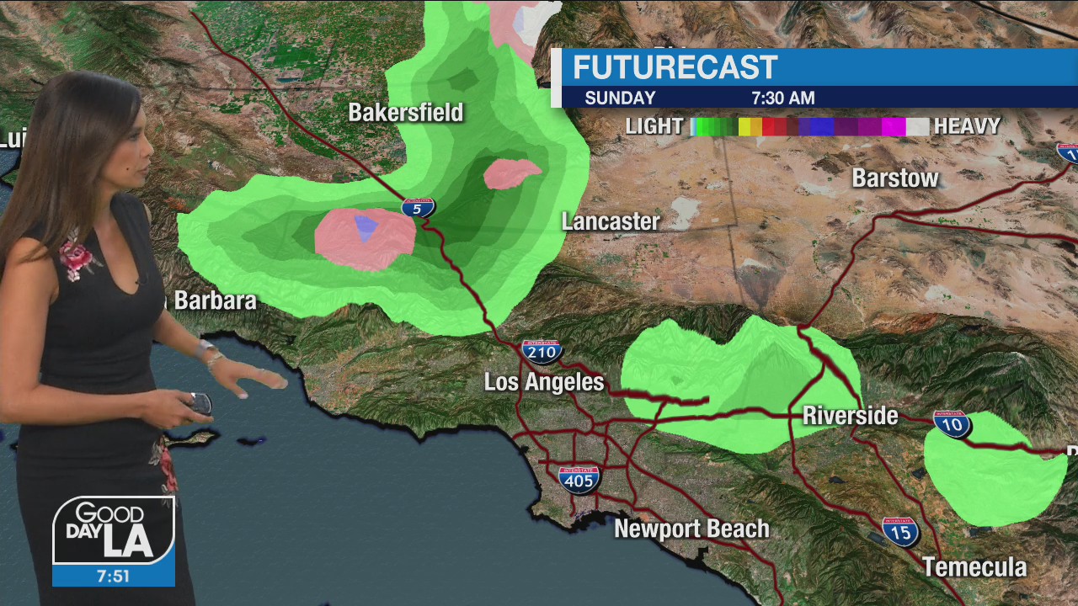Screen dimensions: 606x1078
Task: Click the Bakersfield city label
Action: pyautogui.click(x=406, y=112)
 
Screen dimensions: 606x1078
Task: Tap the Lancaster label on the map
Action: pyautogui.click(x=611, y=221)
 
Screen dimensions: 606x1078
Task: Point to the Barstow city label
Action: pyautogui.click(x=895, y=178)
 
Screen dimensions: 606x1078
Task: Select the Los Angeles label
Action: pyautogui.click(x=544, y=382)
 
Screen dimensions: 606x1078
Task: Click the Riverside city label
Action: pyautogui.click(x=850, y=416)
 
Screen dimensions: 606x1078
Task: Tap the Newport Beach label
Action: pyautogui.click(x=691, y=529)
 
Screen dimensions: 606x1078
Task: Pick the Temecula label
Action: pyautogui.click(x=974, y=566)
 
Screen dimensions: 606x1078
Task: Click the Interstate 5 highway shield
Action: pyautogui.click(x=418, y=207)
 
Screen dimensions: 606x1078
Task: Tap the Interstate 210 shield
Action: pyautogui.click(x=542, y=351)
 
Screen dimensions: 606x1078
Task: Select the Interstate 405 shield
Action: pyautogui.click(x=579, y=479)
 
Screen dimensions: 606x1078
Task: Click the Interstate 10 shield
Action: pyautogui.click(x=952, y=423)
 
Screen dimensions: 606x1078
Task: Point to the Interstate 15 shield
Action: pyautogui.click(x=900, y=531)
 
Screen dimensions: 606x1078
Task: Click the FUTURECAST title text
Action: pyautogui.click(x=675, y=67)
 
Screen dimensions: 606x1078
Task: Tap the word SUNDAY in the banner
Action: pyautogui.click(x=620, y=98)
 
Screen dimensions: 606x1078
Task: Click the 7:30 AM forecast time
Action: pyautogui.click(x=783, y=98)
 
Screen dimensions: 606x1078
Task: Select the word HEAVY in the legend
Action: pyautogui.click(x=967, y=126)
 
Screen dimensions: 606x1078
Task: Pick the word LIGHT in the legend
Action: pyautogui.click(x=654, y=126)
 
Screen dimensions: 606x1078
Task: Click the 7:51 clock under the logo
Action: pyautogui.click(x=113, y=576)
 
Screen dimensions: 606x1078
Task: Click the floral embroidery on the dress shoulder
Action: pyautogui.click(x=77, y=256)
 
